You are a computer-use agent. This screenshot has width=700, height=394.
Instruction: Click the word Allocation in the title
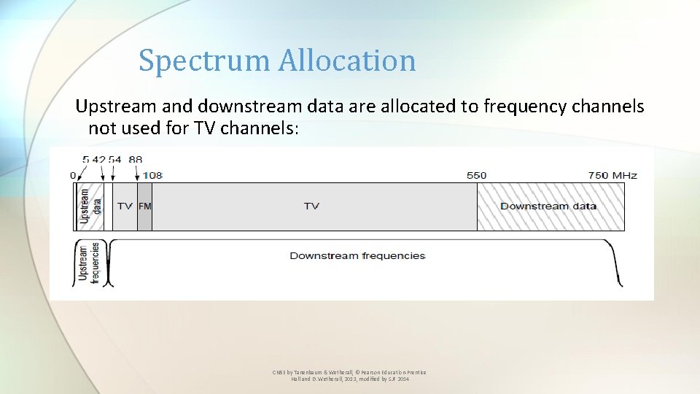(x=346, y=61)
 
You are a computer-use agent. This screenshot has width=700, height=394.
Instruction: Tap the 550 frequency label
(x=476, y=175)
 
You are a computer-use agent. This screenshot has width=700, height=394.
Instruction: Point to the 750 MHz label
(x=612, y=175)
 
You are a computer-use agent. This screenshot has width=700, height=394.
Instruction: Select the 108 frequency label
(x=152, y=175)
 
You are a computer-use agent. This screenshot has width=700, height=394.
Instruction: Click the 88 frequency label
(x=136, y=159)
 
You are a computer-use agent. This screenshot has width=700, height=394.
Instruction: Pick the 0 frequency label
(x=73, y=175)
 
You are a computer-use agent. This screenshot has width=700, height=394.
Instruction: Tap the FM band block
(x=144, y=206)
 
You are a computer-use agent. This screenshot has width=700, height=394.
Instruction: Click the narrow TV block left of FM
(x=125, y=206)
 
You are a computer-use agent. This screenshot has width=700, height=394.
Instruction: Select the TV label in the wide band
(x=311, y=206)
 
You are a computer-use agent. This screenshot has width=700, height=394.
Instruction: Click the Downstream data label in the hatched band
(x=548, y=206)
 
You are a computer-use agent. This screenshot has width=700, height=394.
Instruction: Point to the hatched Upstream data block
(x=90, y=206)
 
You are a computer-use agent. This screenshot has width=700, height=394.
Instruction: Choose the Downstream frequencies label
(x=357, y=255)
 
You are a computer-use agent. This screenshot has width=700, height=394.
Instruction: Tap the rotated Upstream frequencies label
(x=88, y=263)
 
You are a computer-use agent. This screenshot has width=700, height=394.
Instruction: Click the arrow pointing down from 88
(x=137, y=172)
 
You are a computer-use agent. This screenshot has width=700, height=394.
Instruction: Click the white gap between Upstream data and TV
(x=109, y=206)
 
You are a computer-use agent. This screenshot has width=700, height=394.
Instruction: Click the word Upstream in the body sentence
(x=117, y=107)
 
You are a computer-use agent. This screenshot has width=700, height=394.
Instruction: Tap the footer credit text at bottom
(x=349, y=376)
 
